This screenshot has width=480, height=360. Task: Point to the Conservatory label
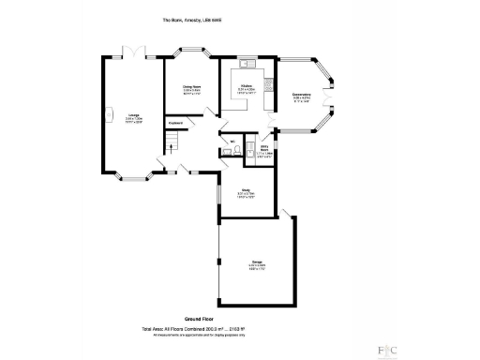[x=301, y=94]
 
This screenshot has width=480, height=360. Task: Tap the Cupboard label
[x=175, y=123]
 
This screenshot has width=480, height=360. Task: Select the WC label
[x=230, y=142]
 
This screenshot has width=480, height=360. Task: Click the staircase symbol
[x=171, y=142]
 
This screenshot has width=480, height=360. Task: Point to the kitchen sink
[x=246, y=65]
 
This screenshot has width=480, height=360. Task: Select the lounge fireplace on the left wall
[x=103, y=117]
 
